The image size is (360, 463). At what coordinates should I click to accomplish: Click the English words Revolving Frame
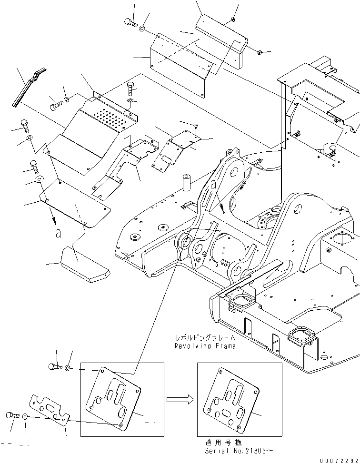(205, 346)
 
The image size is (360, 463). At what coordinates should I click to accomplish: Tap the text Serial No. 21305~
(239, 451)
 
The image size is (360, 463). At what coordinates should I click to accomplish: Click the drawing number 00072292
(340, 460)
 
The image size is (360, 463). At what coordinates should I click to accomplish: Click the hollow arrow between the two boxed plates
(180, 400)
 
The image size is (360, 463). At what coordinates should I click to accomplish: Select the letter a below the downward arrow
(58, 234)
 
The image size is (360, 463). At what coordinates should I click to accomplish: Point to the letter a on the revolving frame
(213, 185)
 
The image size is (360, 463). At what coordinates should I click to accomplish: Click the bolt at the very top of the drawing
(130, 22)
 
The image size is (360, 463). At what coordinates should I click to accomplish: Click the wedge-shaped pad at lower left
(85, 265)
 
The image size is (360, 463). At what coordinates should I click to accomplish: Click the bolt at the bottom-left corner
(12, 415)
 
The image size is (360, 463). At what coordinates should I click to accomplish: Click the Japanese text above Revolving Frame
(206, 337)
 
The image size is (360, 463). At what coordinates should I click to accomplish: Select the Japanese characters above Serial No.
(223, 443)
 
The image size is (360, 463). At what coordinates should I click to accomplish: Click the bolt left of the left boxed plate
(55, 367)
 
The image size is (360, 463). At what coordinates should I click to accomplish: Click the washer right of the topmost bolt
(142, 29)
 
